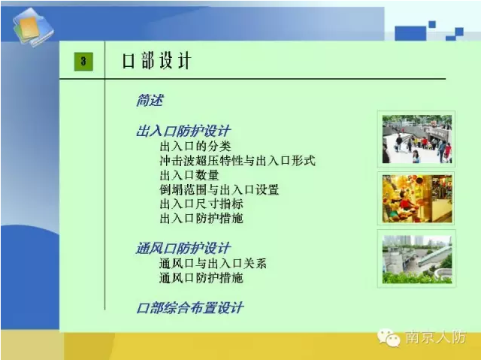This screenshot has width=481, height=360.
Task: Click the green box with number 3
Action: point(83,62)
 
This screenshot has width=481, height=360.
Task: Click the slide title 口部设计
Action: point(157,61)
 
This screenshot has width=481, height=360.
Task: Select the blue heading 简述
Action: point(150,100)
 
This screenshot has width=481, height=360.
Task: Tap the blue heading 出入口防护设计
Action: point(183,131)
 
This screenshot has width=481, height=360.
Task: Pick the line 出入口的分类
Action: point(195,147)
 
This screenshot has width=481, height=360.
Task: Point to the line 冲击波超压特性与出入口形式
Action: point(237,161)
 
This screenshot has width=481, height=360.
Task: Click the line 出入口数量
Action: point(189,175)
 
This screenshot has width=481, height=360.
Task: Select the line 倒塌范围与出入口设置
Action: point(219,189)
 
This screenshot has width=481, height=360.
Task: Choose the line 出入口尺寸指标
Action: point(201,204)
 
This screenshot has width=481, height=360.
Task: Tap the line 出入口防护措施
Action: point(201,219)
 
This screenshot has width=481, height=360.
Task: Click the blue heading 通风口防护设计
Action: point(183,248)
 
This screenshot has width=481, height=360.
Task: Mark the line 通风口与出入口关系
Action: point(213,263)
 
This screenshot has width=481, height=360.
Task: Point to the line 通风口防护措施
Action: point(201,278)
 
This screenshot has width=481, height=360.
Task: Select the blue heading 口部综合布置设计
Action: point(190,308)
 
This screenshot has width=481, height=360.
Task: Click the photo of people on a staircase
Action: point(416,139)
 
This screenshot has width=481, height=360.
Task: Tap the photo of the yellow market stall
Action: point(417,198)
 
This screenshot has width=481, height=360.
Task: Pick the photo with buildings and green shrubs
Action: point(417,259)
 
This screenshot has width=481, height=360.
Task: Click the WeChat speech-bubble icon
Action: point(389,337)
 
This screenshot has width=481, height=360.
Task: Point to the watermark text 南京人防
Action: point(436,337)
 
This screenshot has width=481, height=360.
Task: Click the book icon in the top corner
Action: point(33,27)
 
